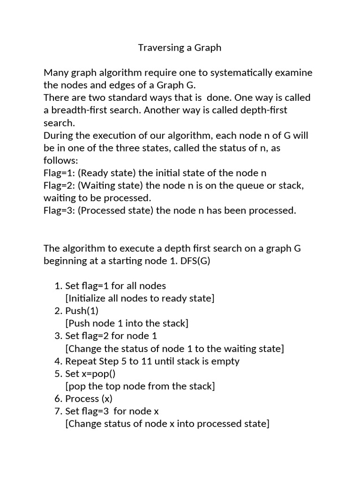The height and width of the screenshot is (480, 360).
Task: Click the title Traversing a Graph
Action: pyautogui.click(x=180, y=48)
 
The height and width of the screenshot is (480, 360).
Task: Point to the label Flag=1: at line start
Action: pyautogui.click(x=60, y=173)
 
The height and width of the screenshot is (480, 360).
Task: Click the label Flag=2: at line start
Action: pyautogui.click(x=60, y=186)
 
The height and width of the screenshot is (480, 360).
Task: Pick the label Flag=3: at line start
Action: pyautogui.click(x=60, y=210)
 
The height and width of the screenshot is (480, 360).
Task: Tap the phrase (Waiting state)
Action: pyautogui.click(x=109, y=186)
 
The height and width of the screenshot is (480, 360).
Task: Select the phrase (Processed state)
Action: pyautogui.click(x=115, y=210)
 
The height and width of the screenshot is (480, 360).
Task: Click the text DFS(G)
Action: pyautogui.click(x=195, y=261)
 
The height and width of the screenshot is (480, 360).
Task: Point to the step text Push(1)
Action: pyautogui.click(x=82, y=311)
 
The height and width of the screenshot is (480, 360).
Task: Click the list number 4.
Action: pyautogui.click(x=58, y=361)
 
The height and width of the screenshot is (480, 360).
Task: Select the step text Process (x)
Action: pyautogui.click(x=89, y=399)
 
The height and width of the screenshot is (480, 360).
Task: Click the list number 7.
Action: pyautogui.click(x=58, y=412)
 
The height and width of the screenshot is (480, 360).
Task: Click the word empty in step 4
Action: pyautogui.click(x=226, y=361)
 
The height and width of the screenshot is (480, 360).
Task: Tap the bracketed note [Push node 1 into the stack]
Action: pyautogui.click(x=127, y=323)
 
